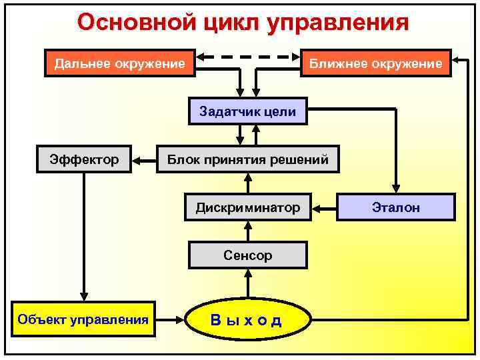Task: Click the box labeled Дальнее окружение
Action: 119,64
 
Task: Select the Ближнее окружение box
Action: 376,64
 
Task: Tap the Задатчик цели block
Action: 247,111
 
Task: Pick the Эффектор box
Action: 84,160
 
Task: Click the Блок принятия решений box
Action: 247,160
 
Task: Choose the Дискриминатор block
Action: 247,208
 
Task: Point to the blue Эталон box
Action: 395,208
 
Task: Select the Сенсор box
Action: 247,255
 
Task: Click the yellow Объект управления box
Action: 83,319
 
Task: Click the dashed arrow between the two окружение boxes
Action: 249,57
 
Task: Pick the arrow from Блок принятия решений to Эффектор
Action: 144,160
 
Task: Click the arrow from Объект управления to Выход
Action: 171,320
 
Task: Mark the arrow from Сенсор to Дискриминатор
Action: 248,231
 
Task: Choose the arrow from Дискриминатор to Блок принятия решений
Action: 248,183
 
